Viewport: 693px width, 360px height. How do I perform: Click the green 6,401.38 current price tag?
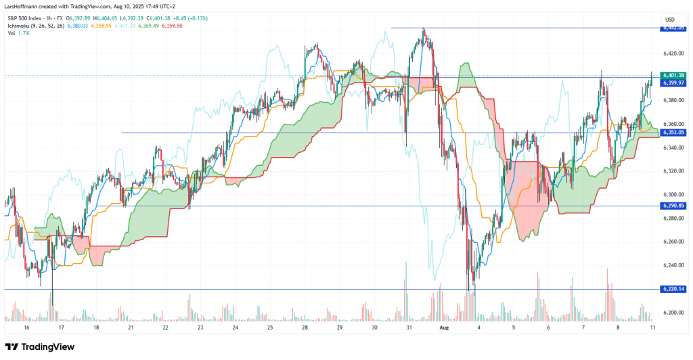tap(674, 74)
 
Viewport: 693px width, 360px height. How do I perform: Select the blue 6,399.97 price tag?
tap(674, 82)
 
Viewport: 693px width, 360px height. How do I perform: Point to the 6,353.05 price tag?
tap(674, 133)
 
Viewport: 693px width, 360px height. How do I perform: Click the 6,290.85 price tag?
tap(674, 205)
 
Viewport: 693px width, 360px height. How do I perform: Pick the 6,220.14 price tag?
tap(674, 289)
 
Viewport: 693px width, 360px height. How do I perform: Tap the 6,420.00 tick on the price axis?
tap(673, 52)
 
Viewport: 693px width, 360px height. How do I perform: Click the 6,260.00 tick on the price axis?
tap(673, 242)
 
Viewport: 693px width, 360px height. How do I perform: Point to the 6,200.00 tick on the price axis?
tap(673, 313)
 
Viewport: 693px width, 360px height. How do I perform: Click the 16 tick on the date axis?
tap(26, 326)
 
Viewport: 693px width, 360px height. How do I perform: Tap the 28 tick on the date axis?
tap(305, 326)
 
